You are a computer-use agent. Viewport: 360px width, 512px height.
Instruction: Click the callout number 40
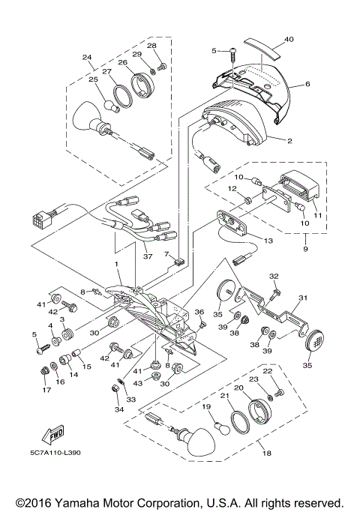tap(289, 40)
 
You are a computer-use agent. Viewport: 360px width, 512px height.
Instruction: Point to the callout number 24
tap(87, 57)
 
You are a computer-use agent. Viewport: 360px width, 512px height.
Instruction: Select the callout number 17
tap(45, 390)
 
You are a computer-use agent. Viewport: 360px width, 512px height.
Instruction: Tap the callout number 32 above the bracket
tap(274, 277)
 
